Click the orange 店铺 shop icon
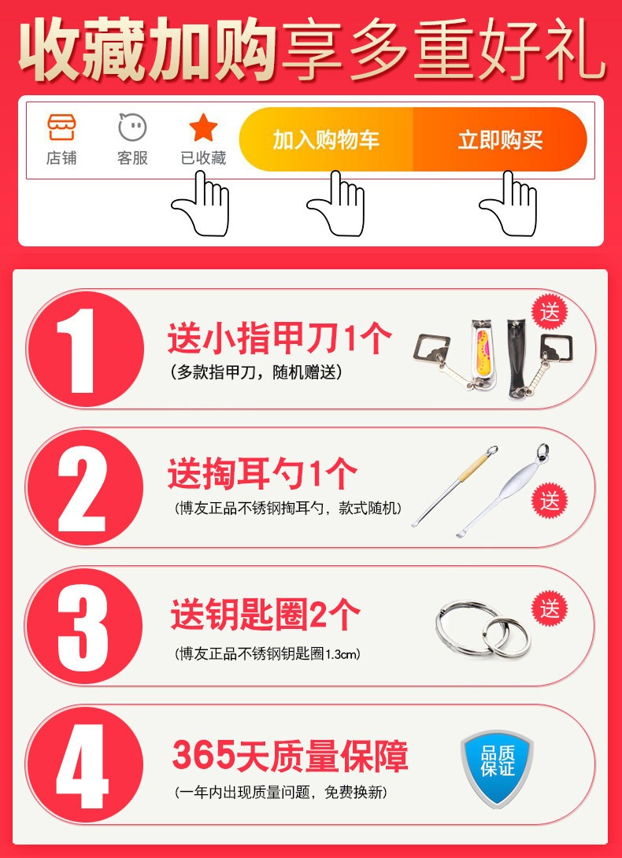[61, 127]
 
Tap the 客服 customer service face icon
[132, 127]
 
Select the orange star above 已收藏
[204, 128]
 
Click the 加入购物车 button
[326, 139]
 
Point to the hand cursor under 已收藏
[202, 204]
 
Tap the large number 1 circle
[85, 349]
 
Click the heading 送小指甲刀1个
[280, 339]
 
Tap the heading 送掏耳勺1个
[262, 475]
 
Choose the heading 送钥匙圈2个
[265, 615]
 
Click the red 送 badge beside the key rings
[550, 608]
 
